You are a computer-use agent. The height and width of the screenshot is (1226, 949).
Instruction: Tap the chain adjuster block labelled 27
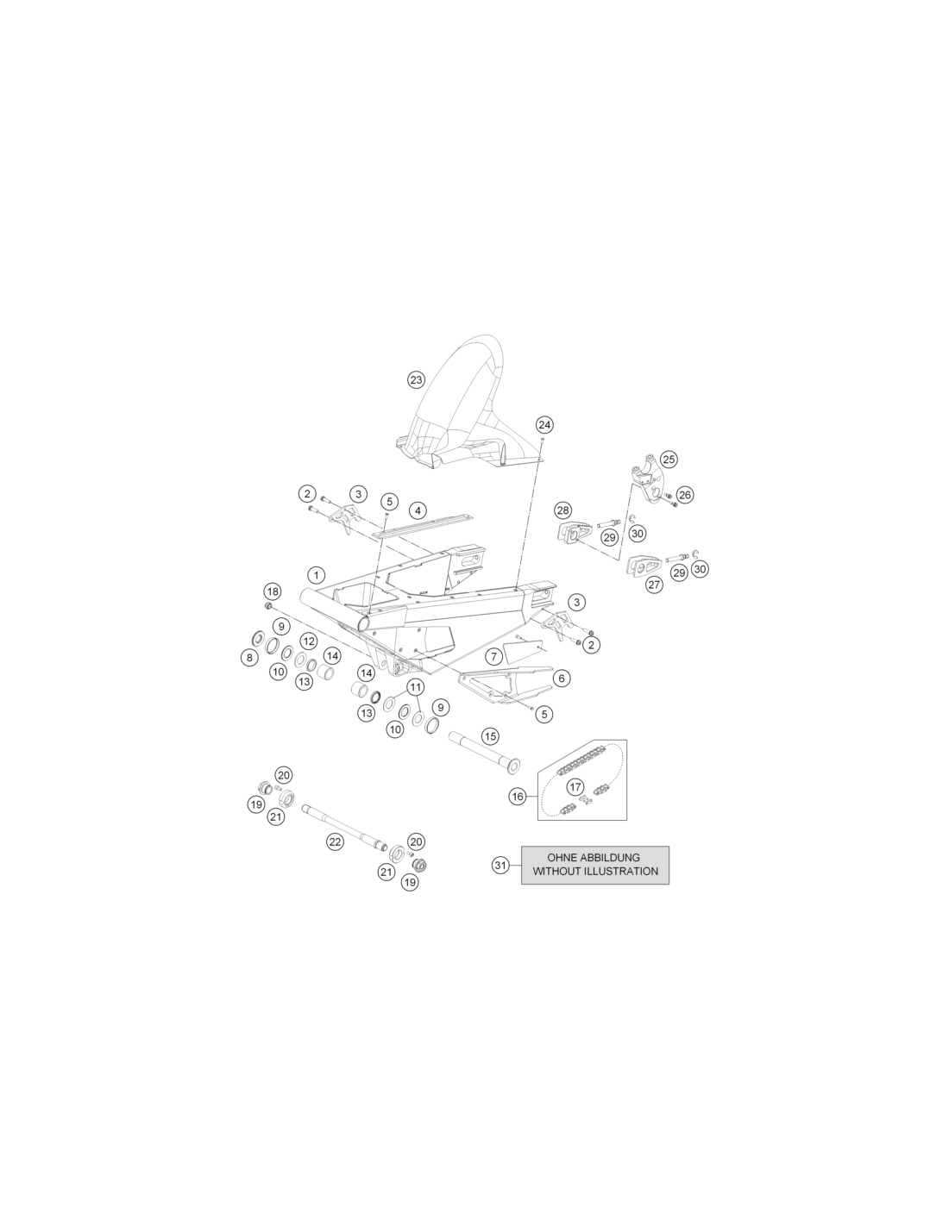[x=644, y=566]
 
